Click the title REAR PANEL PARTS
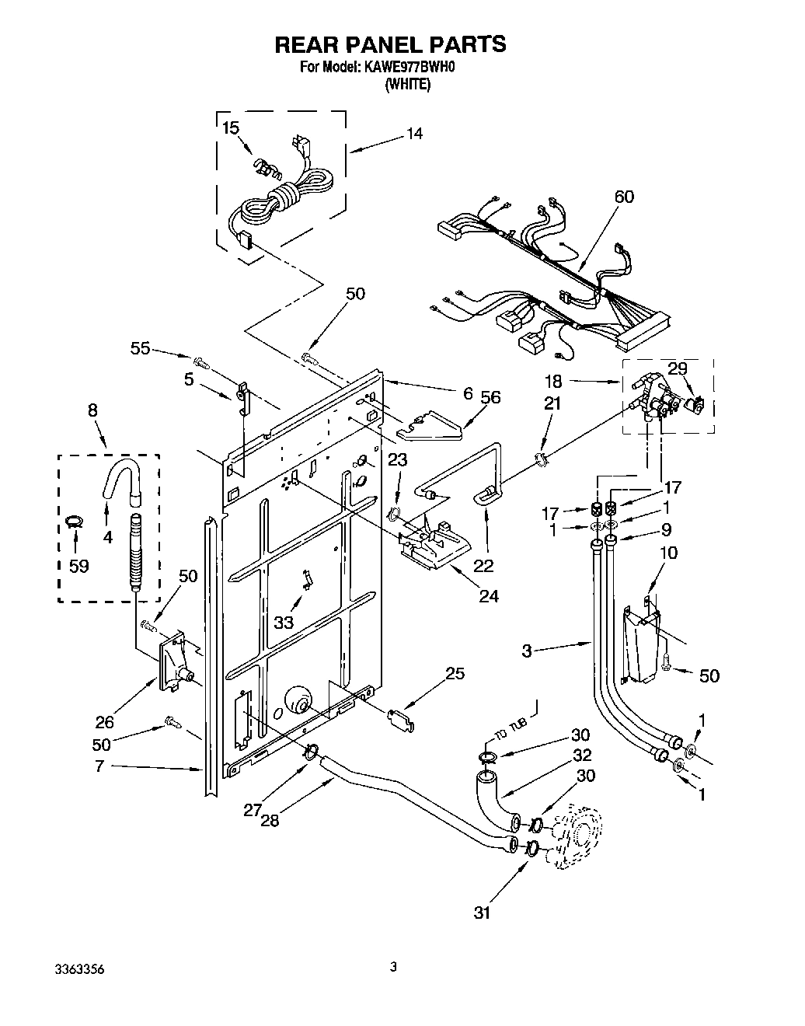click(390, 44)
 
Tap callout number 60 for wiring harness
click(623, 197)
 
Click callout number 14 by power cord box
click(414, 134)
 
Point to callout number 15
click(231, 128)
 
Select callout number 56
click(490, 397)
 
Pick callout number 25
click(455, 674)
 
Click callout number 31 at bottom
click(483, 913)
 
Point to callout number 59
click(78, 566)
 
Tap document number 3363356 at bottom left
click(79, 969)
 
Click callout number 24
click(488, 596)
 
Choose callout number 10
click(669, 553)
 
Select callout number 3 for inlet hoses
click(527, 651)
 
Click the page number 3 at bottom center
click(393, 967)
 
